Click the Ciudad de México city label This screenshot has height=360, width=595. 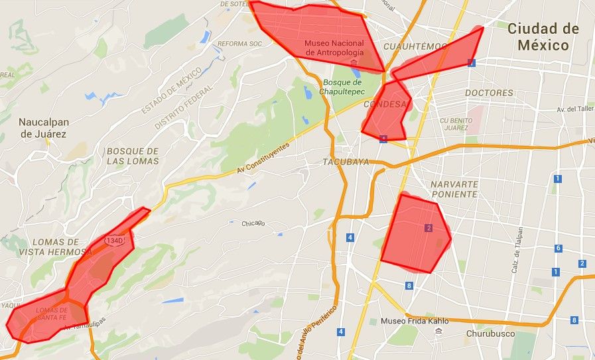point(543,37)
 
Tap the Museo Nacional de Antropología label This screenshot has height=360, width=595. point(334,48)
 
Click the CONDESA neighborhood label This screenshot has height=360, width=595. point(385,105)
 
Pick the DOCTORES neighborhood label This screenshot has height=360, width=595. point(489,93)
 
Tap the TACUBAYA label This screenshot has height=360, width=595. point(346,162)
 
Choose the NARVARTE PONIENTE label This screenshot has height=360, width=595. point(454,189)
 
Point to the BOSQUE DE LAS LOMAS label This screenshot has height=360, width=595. point(133,156)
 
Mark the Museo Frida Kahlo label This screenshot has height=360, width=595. point(415,321)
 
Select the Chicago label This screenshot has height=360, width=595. point(253,223)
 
